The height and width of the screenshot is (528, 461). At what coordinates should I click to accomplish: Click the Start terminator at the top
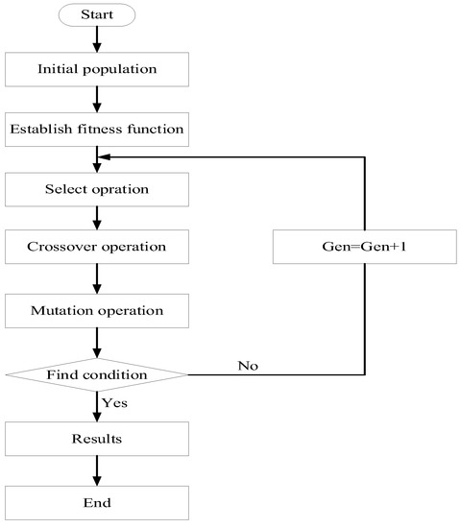(97, 15)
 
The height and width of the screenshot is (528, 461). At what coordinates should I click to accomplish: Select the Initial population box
(97, 69)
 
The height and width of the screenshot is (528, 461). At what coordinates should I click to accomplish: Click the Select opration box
(97, 189)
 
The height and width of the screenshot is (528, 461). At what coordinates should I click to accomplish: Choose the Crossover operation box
(97, 247)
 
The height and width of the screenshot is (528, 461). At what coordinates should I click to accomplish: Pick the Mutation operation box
(97, 310)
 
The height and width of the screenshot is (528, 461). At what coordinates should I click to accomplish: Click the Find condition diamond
(97, 373)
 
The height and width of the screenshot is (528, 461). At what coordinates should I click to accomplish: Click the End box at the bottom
(97, 502)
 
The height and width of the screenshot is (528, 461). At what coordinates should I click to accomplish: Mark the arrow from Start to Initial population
(97, 39)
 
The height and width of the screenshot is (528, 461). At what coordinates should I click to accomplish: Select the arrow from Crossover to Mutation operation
(97, 278)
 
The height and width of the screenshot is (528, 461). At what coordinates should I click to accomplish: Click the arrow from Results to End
(97, 470)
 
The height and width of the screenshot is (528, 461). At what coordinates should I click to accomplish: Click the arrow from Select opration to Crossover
(97, 218)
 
